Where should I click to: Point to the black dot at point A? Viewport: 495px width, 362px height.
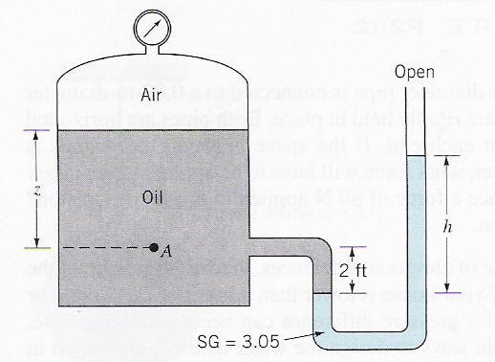click(154, 248)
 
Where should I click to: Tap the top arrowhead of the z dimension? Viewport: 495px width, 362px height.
click(35, 137)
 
